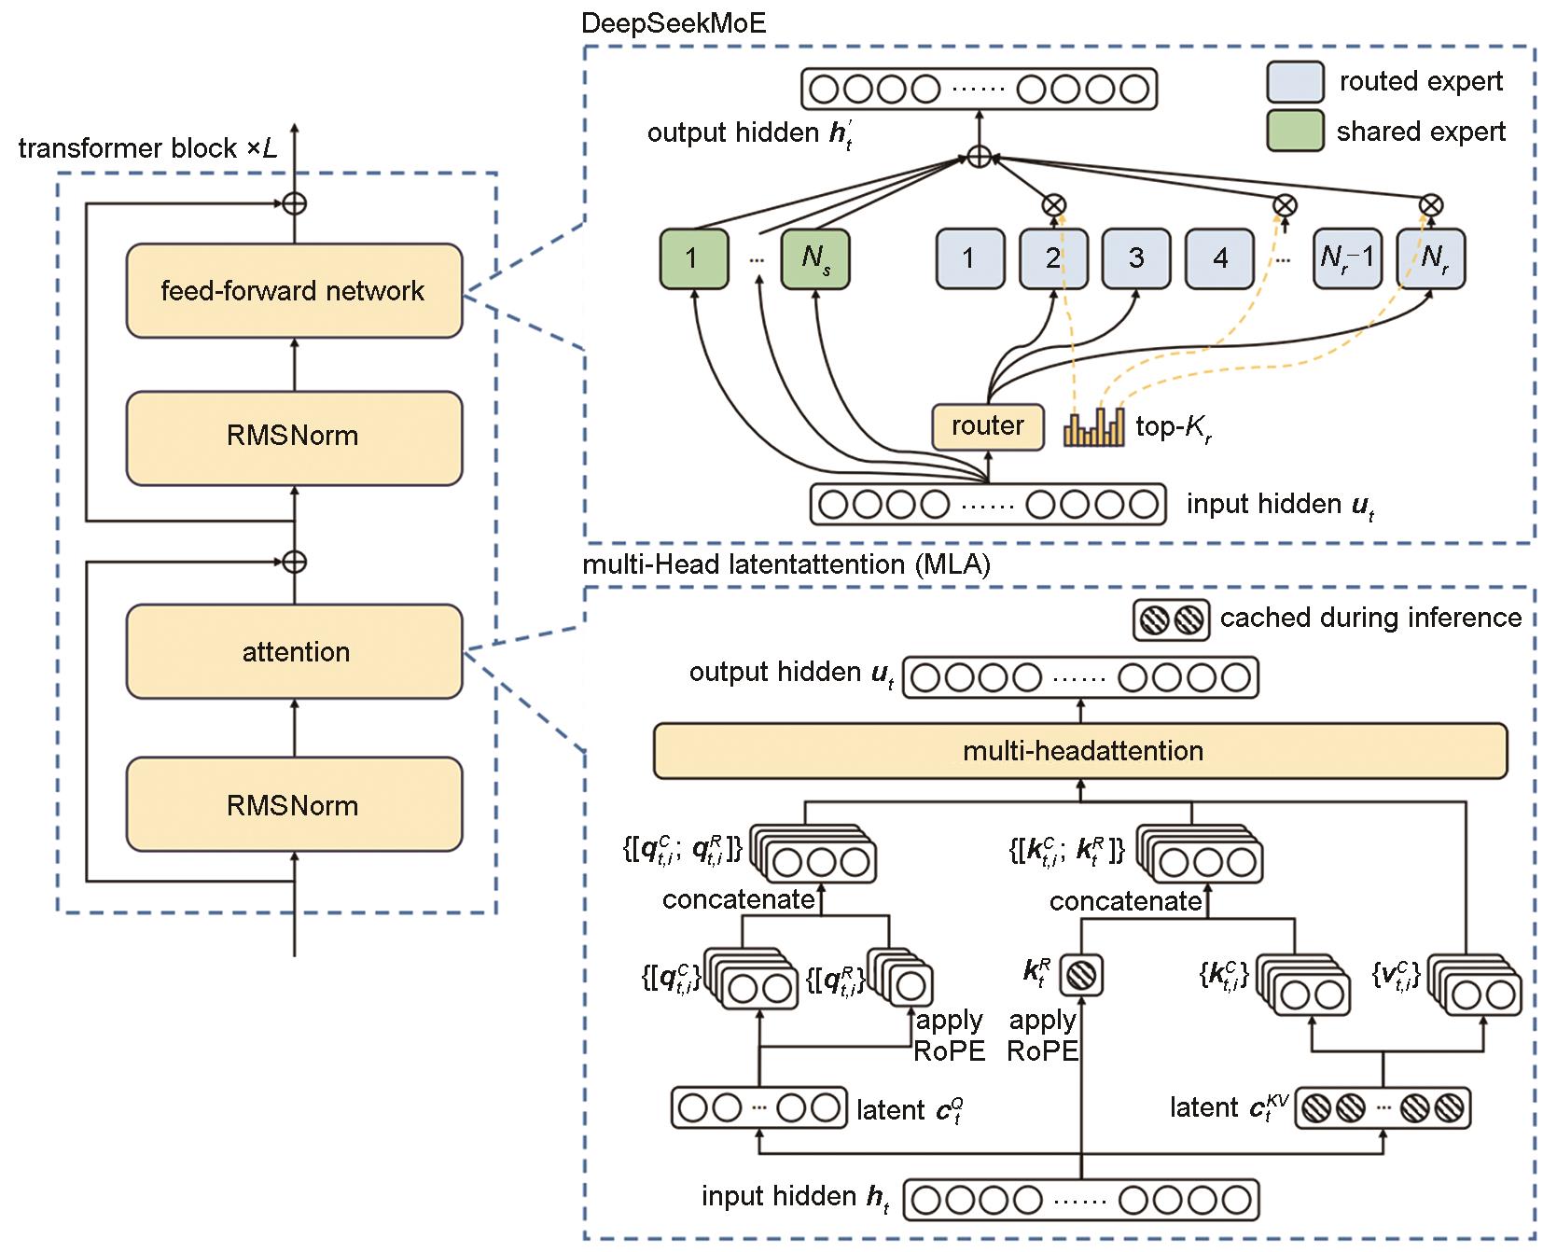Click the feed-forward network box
[x=294, y=291]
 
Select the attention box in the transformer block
[x=294, y=651]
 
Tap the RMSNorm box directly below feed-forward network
[x=294, y=437]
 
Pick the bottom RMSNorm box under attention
[x=294, y=804]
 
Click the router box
[x=988, y=426]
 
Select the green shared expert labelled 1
[x=692, y=258]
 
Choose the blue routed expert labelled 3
[x=1135, y=258]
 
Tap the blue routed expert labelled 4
[x=1219, y=258]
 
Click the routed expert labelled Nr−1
[x=1347, y=258]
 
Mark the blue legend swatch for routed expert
[x=1294, y=82]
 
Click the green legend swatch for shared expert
[x=1294, y=131]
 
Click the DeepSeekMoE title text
[x=674, y=22]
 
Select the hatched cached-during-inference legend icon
[x=1171, y=619]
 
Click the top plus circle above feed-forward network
[x=295, y=202]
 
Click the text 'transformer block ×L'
[x=147, y=149]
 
